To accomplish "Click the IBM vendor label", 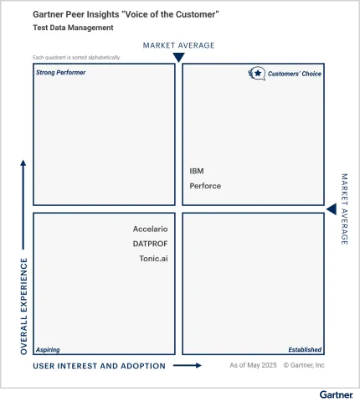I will point(197,171).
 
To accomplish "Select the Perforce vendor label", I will point(205,186).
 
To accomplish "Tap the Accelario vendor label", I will point(150,229).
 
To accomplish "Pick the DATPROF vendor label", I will point(150,244).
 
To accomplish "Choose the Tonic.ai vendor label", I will point(153,259).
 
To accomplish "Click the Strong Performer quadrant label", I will point(60,73).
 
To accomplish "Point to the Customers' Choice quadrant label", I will point(294,74).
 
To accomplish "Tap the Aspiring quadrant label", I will point(48,349).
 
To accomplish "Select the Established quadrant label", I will point(305,349).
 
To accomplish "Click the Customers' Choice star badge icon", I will point(256,74).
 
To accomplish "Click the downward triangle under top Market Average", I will point(178,57).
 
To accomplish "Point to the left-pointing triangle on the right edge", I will point(331,209).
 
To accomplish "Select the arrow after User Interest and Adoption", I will point(188,366).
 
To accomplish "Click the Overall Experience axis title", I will point(23,306).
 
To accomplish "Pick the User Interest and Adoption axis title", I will point(99,366).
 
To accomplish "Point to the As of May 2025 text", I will point(252,365).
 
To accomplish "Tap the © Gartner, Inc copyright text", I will point(304,365).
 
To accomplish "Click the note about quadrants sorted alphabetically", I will point(76,57).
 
